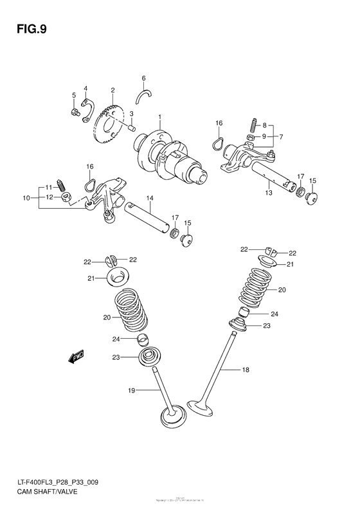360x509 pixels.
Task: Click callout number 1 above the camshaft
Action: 160,117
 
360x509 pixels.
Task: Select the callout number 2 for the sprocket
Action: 113,91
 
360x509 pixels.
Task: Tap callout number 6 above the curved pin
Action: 144,78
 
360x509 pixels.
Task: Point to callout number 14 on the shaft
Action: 149,198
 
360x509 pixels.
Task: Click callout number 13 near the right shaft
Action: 269,192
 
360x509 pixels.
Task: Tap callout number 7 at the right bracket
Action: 281,137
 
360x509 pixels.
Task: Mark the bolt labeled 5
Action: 75,112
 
